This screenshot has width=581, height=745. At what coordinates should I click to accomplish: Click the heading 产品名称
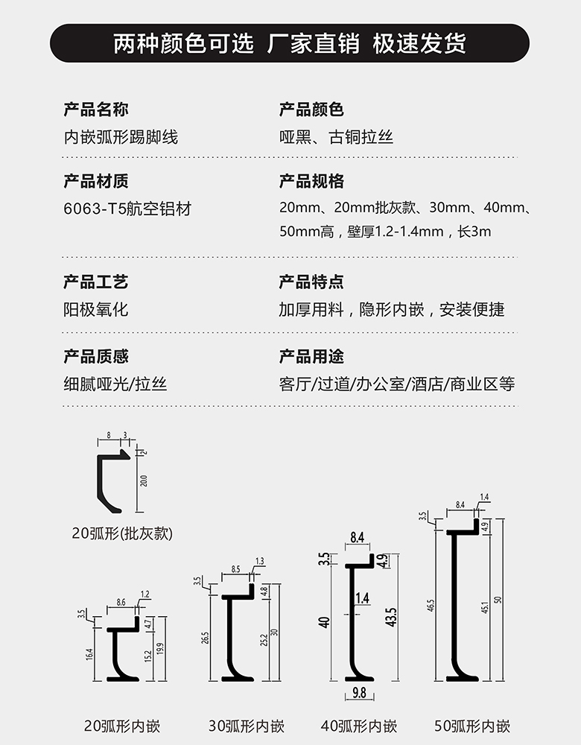(96, 110)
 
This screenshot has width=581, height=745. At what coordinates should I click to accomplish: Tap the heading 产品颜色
(311, 110)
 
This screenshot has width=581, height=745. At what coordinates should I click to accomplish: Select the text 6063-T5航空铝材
(127, 209)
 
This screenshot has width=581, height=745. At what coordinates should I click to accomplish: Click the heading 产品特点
(311, 282)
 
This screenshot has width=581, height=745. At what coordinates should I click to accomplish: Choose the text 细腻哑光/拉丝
(115, 384)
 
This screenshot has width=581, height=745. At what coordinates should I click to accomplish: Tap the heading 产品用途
(311, 357)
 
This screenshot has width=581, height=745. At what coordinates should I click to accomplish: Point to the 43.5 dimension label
(391, 618)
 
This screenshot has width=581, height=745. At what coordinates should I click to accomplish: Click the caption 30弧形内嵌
(247, 726)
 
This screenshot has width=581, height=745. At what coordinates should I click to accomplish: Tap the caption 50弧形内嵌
(472, 726)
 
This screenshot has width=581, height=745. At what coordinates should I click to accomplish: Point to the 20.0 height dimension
(144, 481)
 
